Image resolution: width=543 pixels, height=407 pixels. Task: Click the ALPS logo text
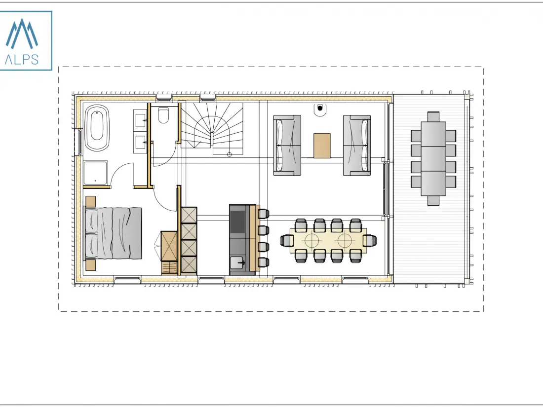[x=21, y=60]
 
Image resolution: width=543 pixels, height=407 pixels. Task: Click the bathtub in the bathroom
[x=97, y=128]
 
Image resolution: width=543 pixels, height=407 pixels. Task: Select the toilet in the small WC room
[x=163, y=115]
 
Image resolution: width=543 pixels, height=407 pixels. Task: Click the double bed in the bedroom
[x=113, y=233]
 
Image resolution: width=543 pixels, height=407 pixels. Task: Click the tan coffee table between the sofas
[x=322, y=146]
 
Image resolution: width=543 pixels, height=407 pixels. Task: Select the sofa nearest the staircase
[x=287, y=146]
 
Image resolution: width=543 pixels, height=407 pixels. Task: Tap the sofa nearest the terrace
[x=357, y=146]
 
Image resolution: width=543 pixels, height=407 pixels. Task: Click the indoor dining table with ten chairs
[x=328, y=241]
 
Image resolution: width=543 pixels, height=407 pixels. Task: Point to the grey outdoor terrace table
[x=433, y=159]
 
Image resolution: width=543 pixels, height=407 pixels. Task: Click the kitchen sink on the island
[x=238, y=262]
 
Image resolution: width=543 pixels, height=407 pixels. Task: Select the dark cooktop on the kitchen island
[x=238, y=222]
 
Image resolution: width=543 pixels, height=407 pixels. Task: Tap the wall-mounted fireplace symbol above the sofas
[x=320, y=109]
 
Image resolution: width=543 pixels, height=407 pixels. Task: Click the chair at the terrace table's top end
[x=433, y=116]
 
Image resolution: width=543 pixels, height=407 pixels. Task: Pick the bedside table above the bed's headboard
[x=91, y=201]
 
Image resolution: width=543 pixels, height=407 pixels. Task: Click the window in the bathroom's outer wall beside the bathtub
[x=78, y=142]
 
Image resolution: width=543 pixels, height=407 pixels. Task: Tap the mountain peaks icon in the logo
[x=21, y=34]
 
